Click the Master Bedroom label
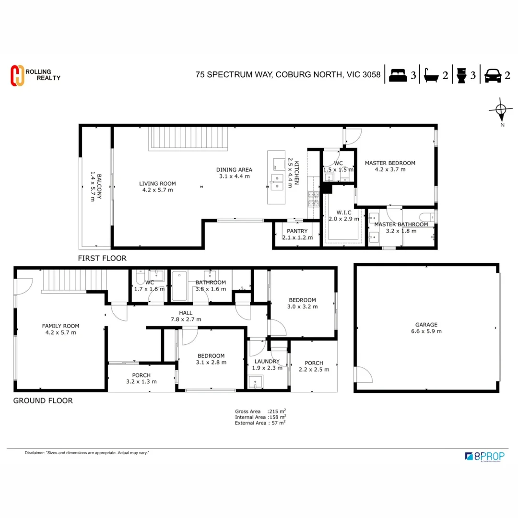coord(390,163)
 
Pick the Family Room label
coord(60,326)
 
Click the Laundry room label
coord(267,362)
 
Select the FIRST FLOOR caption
coord(102,258)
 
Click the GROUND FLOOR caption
coord(43,400)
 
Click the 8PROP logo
coord(485,456)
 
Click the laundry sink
coord(256,381)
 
